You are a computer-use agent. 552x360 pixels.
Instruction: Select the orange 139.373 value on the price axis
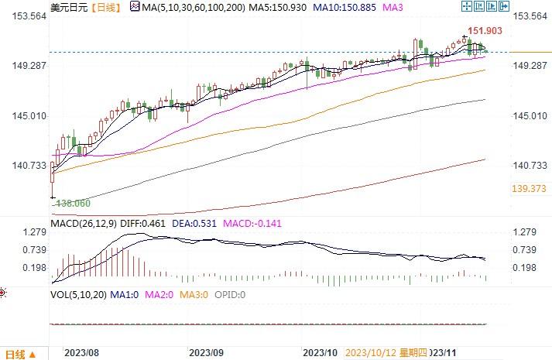coord(530,189)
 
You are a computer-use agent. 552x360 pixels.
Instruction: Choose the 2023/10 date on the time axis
coord(321,352)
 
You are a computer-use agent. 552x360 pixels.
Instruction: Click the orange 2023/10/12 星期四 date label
coord(386,352)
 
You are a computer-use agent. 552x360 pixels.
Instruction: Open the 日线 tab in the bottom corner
coord(15,353)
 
